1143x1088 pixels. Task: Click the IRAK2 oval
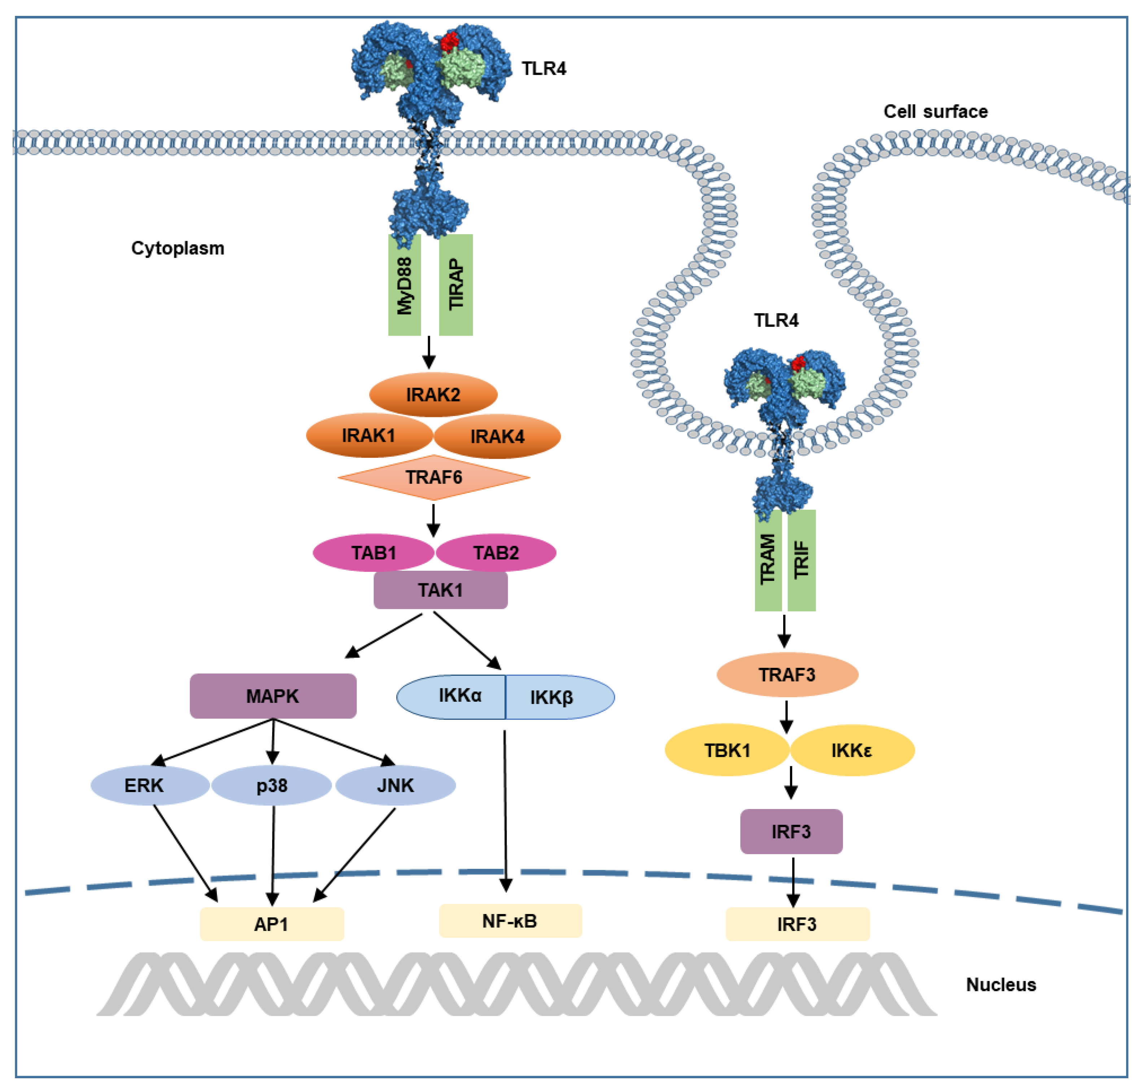[x=433, y=394]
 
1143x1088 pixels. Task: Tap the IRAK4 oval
[x=497, y=436]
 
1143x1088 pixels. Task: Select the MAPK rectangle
[x=273, y=696]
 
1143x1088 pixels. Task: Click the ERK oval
[x=150, y=785]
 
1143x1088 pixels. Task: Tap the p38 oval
[x=271, y=785]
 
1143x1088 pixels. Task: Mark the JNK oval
[x=396, y=785]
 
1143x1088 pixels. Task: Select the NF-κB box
[x=510, y=921]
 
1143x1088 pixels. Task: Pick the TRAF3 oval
[x=788, y=674]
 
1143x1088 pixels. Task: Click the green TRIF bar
[x=802, y=560]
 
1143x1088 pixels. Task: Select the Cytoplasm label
[x=178, y=248]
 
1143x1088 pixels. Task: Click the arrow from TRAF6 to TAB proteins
[x=433, y=520]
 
